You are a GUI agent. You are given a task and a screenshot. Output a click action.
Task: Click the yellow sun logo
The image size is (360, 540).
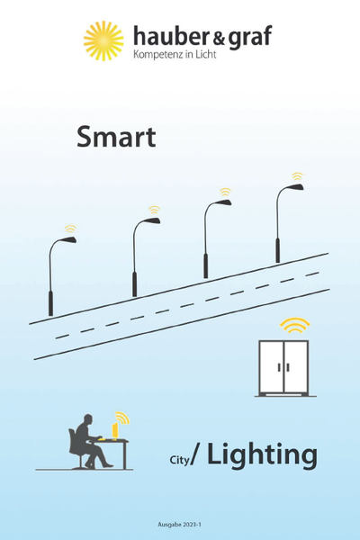click(103, 40)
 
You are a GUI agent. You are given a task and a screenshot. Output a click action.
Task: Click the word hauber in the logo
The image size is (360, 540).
click(170, 36)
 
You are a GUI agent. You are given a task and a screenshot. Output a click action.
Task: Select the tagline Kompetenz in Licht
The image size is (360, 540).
click(175, 54)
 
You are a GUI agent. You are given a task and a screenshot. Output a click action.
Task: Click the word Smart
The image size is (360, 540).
click(116, 137)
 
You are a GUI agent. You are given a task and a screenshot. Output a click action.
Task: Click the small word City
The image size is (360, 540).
click(179, 460)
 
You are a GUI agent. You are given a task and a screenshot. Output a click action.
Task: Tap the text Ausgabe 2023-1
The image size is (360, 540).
click(179, 525)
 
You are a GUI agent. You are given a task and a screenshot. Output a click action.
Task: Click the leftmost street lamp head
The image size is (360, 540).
click(67, 240)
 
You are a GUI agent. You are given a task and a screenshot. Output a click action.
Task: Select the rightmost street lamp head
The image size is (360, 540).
click(295, 187)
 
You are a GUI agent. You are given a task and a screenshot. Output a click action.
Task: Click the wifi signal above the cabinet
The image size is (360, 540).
click(294, 325)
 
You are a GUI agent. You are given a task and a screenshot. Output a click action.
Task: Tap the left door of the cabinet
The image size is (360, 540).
click(272, 367)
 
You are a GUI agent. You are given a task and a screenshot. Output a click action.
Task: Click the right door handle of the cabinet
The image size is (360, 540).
click(288, 367)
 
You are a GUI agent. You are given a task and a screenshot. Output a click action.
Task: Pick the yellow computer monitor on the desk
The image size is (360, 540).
click(114, 430)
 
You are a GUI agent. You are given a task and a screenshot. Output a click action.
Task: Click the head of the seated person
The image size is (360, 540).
click(88, 419)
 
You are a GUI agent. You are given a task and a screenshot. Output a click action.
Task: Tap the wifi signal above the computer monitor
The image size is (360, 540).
click(122, 418)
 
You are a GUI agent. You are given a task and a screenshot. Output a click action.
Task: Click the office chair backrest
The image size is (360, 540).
click(72, 441)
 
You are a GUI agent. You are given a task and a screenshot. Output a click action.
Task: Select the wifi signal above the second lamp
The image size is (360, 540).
click(154, 210)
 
